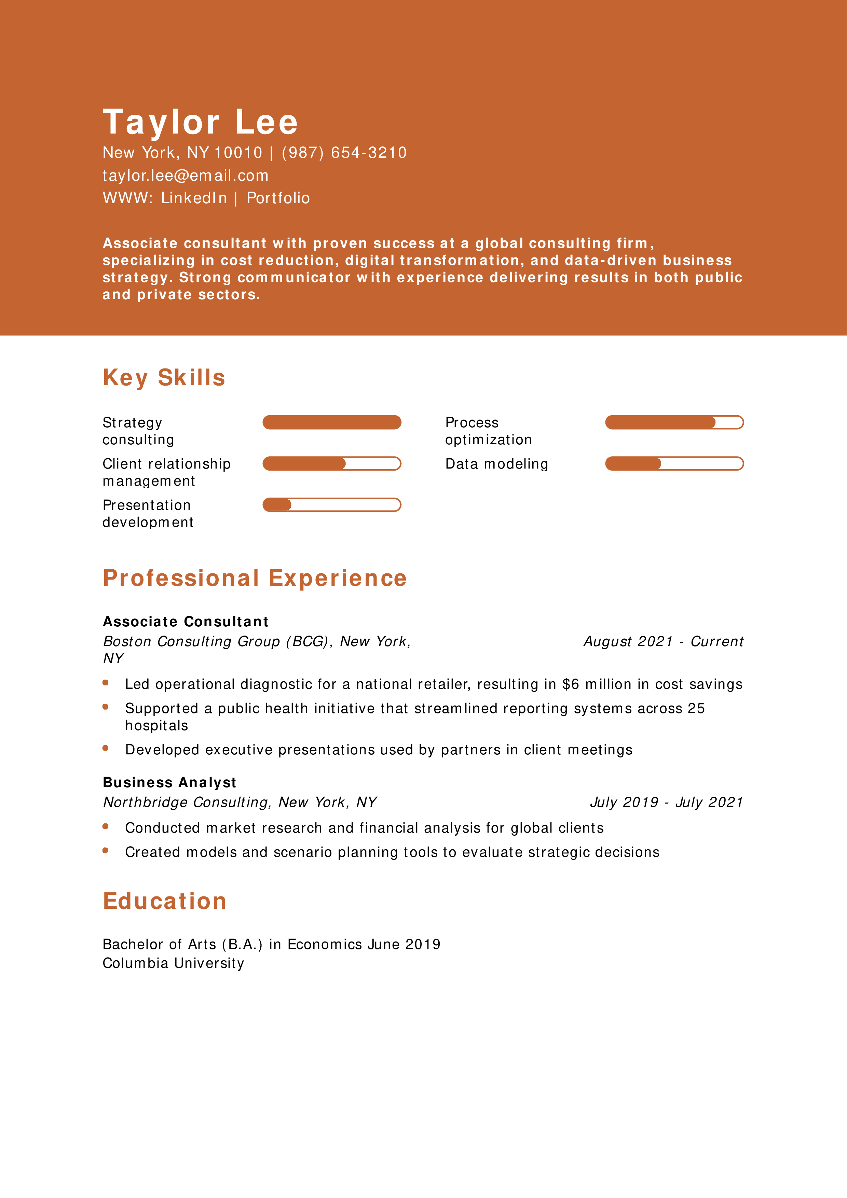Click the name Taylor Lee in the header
click(201, 122)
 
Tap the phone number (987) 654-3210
click(344, 153)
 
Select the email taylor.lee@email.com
click(185, 176)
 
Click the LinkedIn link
click(194, 198)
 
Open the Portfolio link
click(278, 198)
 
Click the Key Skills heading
click(164, 378)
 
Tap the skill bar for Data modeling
click(674, 463)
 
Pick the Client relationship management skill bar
click(331, 463)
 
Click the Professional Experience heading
click(255, 578)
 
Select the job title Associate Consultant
click(185, 622)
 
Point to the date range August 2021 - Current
click(663, 641)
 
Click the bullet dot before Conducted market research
click(106, 826)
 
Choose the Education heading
click(164, 901)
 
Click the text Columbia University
click(173, 963)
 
